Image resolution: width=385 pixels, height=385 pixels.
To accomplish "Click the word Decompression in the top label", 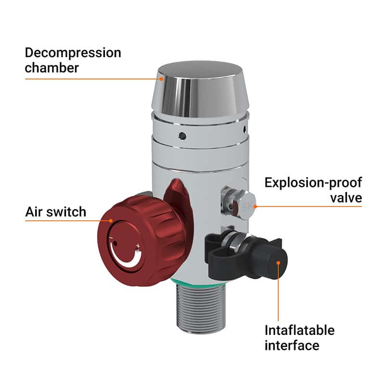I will point(73,52).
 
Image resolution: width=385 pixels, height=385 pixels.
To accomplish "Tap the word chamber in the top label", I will point(51,68).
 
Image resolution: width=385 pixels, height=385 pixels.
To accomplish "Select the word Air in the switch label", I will point(35,211).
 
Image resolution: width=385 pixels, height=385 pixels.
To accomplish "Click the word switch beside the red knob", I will point(66,211).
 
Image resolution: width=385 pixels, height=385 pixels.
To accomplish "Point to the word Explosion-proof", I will point(313,183).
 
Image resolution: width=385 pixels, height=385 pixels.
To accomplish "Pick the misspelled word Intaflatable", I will point(299,330).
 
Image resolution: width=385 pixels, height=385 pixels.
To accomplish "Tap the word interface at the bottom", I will point(292,346).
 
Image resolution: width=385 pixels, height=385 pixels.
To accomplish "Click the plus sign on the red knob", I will point(138,247).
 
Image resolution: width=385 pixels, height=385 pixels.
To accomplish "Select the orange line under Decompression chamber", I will point(91,78).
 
